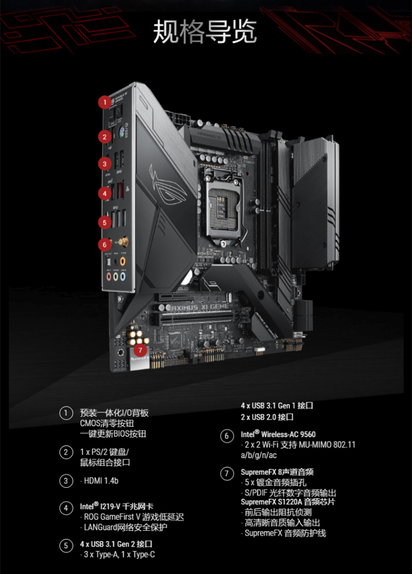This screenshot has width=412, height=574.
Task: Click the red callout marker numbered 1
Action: pos(105,102)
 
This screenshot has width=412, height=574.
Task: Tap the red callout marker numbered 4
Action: pos(105,193)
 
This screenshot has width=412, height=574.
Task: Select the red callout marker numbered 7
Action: pos(140,350)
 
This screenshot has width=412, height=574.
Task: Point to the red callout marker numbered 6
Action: pos(105,244)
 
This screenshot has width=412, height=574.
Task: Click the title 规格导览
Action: pos(205,31)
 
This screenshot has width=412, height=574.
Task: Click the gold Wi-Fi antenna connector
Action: pos(123,242)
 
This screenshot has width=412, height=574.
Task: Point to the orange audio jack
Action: pos(123,261)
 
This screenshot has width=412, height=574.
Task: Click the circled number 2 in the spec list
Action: pos(66,452)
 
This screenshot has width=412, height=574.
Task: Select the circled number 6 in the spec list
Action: pos(227,436)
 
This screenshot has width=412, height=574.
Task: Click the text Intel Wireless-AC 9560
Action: pos(278,434)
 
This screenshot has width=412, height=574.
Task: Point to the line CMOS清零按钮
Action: pos(107,424)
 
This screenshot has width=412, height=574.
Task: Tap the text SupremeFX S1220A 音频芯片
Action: pos(287,502)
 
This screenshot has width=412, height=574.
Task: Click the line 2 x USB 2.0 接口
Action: pos(267,417)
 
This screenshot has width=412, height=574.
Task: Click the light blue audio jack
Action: pos(123,277)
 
